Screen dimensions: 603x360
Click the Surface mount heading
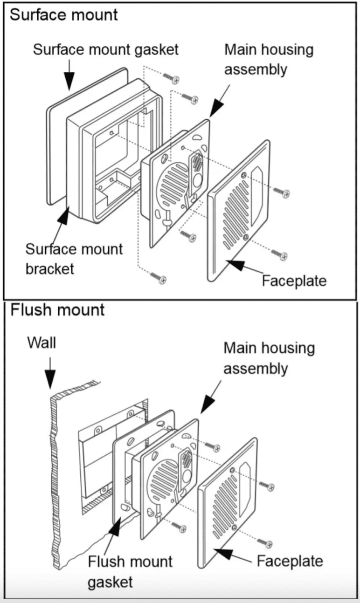[64, 14]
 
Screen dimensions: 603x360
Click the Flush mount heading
[57, 309]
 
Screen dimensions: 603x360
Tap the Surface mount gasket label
[105, 50]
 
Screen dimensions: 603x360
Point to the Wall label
[42, 343]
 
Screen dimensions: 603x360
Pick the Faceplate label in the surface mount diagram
[294, 281]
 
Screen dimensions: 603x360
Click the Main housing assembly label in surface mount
[269, 60]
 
